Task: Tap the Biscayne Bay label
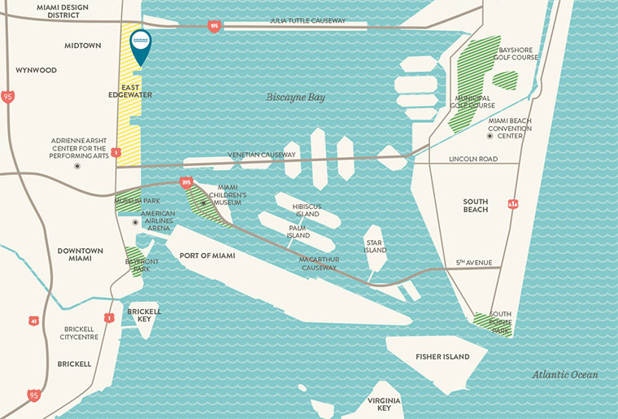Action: click(295, 98)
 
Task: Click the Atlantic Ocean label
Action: click(565, 375)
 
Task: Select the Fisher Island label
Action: click(442, 357)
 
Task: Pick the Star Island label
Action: click(374, 246)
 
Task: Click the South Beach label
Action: click(476, 205)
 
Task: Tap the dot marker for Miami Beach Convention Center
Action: click(490, 136)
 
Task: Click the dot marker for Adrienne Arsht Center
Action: click(77, 166)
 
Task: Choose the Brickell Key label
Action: click(144, 316)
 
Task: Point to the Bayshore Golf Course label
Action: click(517, 54)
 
